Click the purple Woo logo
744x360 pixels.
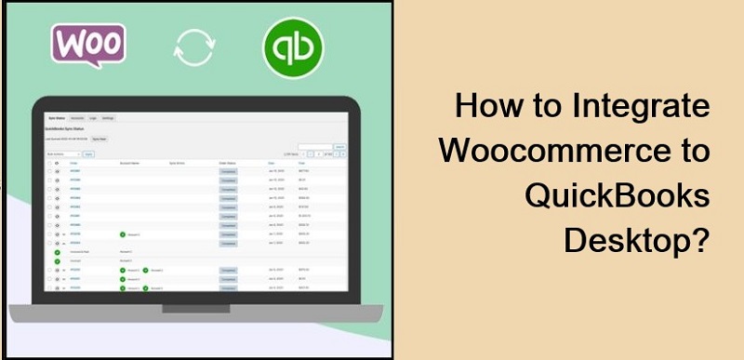pyautogui.click(x=89, y=46)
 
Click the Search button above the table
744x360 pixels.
pyautogui.click(x=339, y=147)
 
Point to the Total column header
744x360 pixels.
pyautogui.click(x=302, y=162)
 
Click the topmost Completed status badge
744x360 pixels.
pyautogui.click(x=229, y=172)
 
